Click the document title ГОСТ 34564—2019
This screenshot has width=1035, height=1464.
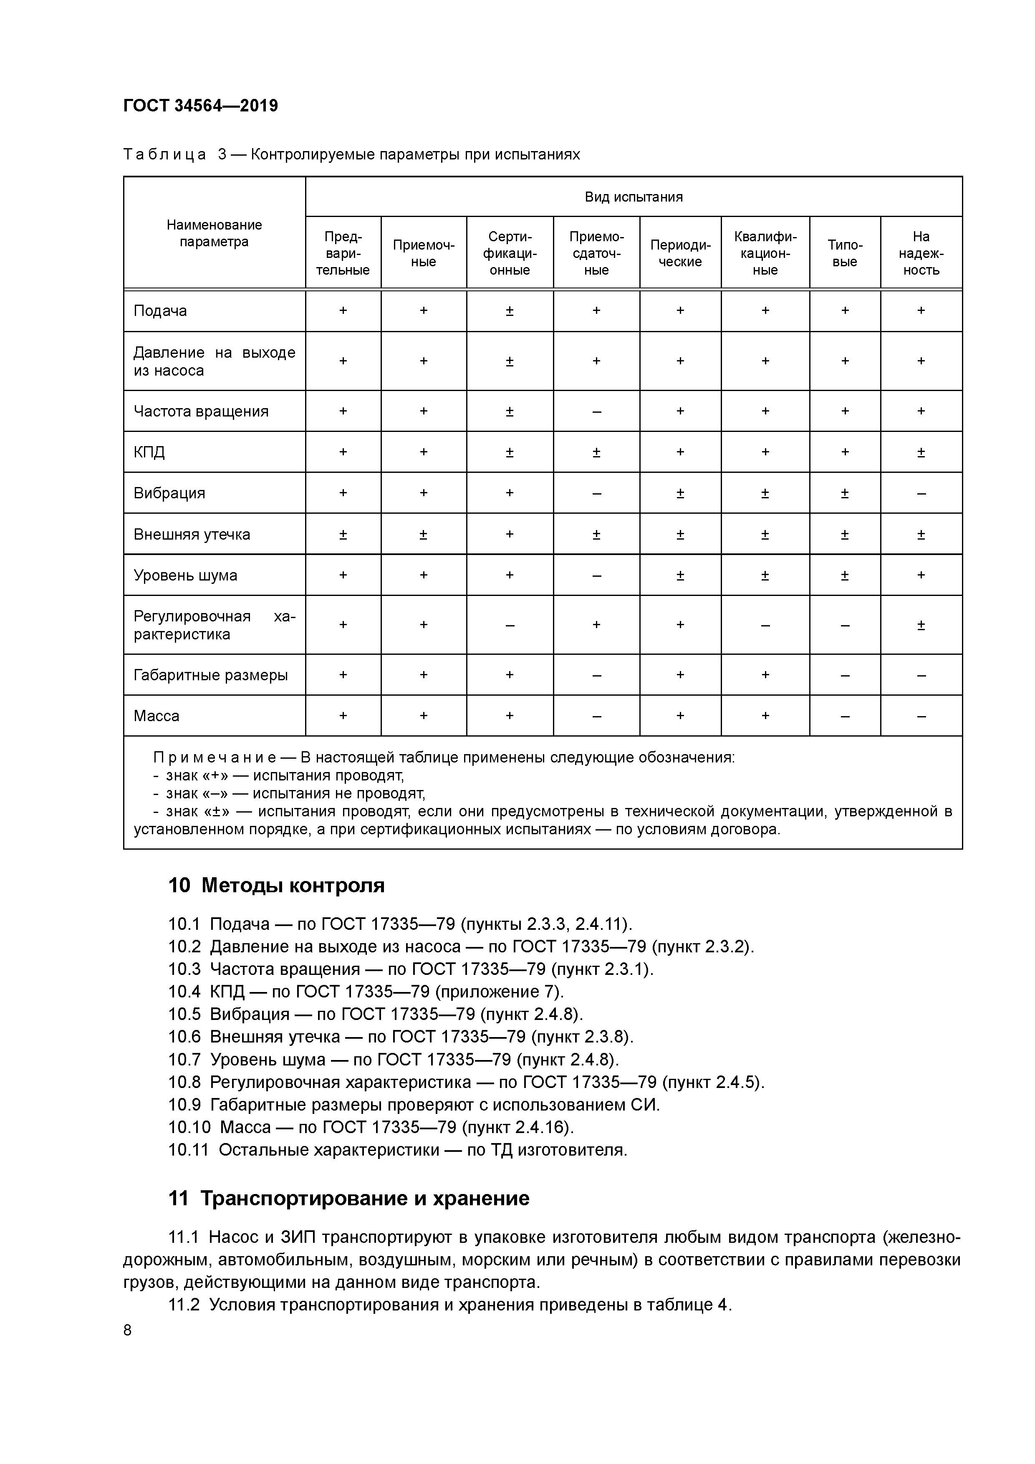(200, 106)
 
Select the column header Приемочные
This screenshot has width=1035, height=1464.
(424, 253)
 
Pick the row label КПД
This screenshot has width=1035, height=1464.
(149, 452)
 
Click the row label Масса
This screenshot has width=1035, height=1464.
(156, 715)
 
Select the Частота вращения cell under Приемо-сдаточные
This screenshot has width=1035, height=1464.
(596, 411)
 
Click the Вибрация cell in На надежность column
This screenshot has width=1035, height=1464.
(921, 493)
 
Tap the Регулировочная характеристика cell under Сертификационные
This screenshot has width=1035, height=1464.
(510, 625)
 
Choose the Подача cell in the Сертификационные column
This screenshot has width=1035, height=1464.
(510, 310)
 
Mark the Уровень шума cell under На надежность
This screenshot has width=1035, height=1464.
(921, 575)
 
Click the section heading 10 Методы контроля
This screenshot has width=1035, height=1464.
(276, 885)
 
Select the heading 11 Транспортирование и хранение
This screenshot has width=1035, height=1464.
(348, 1198)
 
